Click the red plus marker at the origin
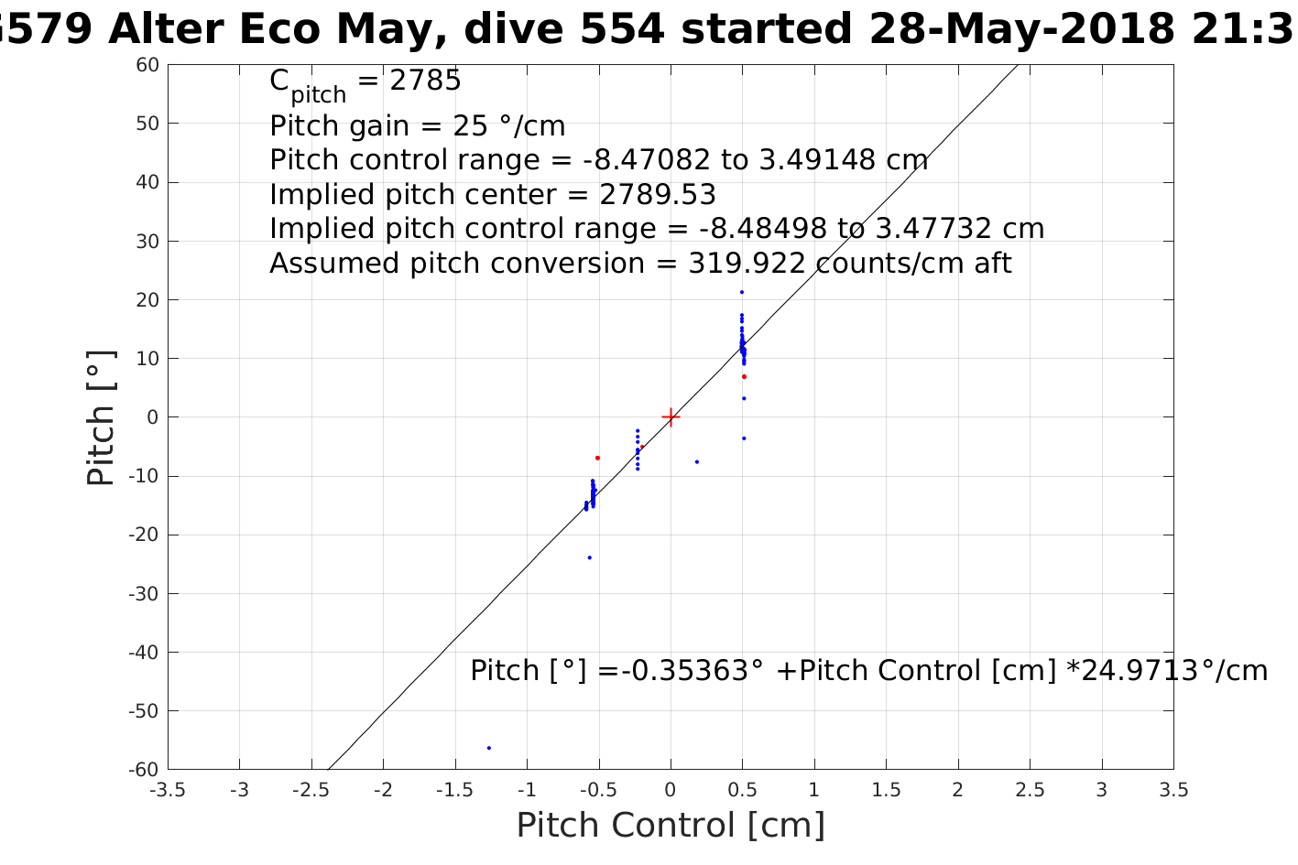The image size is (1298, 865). tap(671, 417)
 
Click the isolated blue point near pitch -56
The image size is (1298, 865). tap(489, 748)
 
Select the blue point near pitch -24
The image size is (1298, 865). tap(589, 557)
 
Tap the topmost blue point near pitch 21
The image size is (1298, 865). tap(741, 292)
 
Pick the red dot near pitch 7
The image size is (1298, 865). tap(744, 376)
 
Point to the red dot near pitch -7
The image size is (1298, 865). tap(597, 458)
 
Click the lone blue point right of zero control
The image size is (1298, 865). tap(697, 461)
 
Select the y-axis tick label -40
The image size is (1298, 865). tap(144, 653)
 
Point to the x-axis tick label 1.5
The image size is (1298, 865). tap(886, 790)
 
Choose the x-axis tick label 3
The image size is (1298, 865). tap(1102, 790)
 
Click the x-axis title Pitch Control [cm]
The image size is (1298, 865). tap(671, 826)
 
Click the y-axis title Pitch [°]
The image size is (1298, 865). tap(101, 417)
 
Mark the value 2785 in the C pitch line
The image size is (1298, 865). tap(425, 81)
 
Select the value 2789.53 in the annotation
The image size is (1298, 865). tap(658, 195)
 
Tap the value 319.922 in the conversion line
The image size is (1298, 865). tap(747, 264)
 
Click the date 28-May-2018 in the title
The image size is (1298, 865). tap(1020, 29)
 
